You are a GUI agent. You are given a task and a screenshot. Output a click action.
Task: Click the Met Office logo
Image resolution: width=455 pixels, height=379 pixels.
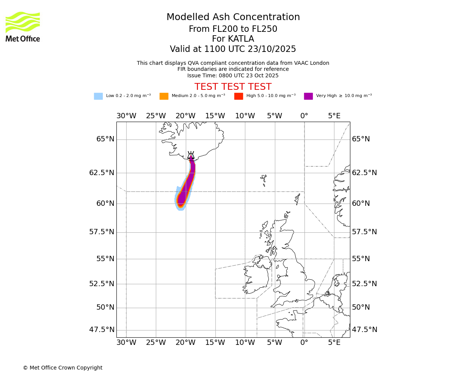pos(23,27)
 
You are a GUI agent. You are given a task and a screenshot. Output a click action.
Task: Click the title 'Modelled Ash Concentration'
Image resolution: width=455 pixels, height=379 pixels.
pos(233,17)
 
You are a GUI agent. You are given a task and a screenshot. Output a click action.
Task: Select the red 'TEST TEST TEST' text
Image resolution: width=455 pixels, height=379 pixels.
pos(233,87)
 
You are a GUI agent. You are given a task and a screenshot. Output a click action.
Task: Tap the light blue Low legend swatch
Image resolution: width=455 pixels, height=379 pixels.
pos(98,96)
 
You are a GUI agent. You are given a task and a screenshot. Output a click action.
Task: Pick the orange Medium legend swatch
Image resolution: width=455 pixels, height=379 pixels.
pos(164,96)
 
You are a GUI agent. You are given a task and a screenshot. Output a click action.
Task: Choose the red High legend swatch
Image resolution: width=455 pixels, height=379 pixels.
pos(238,96)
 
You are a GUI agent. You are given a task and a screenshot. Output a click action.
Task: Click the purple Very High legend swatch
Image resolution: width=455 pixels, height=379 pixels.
pos(308,96)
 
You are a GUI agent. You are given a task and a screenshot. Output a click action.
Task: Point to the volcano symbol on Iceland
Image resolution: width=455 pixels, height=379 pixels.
pos(191,155)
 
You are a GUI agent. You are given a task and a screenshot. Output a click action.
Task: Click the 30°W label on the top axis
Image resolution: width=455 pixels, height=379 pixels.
pos(126,116)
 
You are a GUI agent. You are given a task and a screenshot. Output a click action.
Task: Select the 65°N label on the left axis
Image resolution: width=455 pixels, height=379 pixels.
pos(105,139)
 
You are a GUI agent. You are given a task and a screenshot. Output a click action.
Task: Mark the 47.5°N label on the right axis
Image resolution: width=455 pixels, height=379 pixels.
pos(364,330)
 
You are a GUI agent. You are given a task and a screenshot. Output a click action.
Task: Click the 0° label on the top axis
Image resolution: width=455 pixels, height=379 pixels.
pos(304,116)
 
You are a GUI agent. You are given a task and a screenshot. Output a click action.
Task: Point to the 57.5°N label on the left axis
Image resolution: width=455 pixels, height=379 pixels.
pos(102,232)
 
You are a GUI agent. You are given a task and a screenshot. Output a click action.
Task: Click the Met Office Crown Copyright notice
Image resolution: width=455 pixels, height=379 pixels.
pos(63,368)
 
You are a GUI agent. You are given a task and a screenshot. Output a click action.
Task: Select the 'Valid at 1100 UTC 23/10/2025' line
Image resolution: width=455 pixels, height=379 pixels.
pos(233,49)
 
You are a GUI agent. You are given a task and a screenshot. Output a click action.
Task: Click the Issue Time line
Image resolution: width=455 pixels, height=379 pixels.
pos(233,75)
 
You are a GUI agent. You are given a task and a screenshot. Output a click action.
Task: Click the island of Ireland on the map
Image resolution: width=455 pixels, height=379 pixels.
pos(256,277)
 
